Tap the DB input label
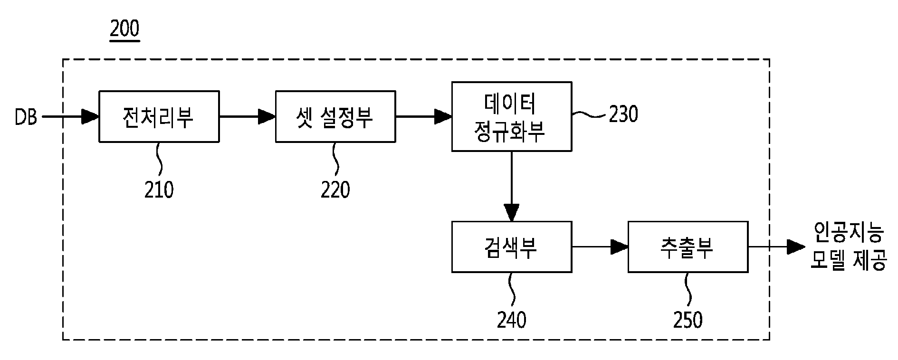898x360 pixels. pyautogui.click(x=26, y=117)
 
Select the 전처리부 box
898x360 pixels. pyautogui.click(x=159, y=116)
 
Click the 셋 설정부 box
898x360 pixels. pyautogui.click(x=335, y=116)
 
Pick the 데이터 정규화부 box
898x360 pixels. pyautogui.click(x=512, y=117)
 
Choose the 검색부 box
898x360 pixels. pyautogui.click(x=512, y=247)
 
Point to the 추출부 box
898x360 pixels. pyautogui.click(x=688, y=247)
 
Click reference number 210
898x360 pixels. pyautogui.click(x=159, y=190)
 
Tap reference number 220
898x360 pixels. pyautogui.click(x=335, y=190)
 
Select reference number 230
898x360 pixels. pyautogui.click(x=623, y=114)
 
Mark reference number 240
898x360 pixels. pyautogui.click(x=512, y=320)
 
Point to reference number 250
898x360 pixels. pyautogui.click(x=688, y=320)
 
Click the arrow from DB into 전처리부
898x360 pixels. pyautogui.click(x=70, y=116)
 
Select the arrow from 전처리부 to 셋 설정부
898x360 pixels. pyautogui.click(x=248, y=116)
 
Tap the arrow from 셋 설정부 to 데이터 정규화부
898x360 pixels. pyautogui.click(x=424, y=116)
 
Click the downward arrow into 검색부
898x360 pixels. pyautogui.click(x=512, y=186)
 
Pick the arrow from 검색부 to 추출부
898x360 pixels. pyautogui.click(x=600, y=246)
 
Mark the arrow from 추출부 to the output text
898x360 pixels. pyautogui.click(x=777, y=246)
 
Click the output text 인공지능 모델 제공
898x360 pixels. pyautogui.click(x=848, y=247)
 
